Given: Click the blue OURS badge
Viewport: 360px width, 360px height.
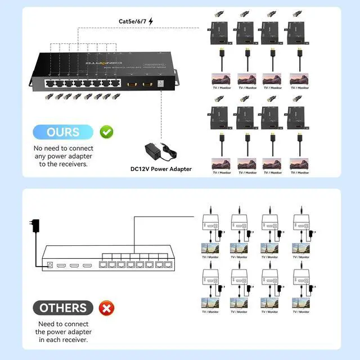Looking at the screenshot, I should (63, 132).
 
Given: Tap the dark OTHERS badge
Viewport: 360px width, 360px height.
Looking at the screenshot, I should (63, 308).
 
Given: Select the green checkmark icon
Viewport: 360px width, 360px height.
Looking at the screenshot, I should (106, 132).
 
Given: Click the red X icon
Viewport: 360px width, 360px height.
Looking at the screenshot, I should (106, 308).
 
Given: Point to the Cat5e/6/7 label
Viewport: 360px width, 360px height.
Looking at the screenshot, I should (132, 21).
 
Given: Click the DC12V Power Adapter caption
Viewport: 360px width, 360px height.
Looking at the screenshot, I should (160, 169).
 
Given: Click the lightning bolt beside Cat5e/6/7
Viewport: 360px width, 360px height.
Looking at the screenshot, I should (150, 21).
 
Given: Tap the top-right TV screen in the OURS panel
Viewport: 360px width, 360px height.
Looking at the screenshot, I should (299, 78).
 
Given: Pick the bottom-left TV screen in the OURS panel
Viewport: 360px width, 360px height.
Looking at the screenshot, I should (220, 164).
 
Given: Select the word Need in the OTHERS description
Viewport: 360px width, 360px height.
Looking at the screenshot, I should (47, 324).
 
